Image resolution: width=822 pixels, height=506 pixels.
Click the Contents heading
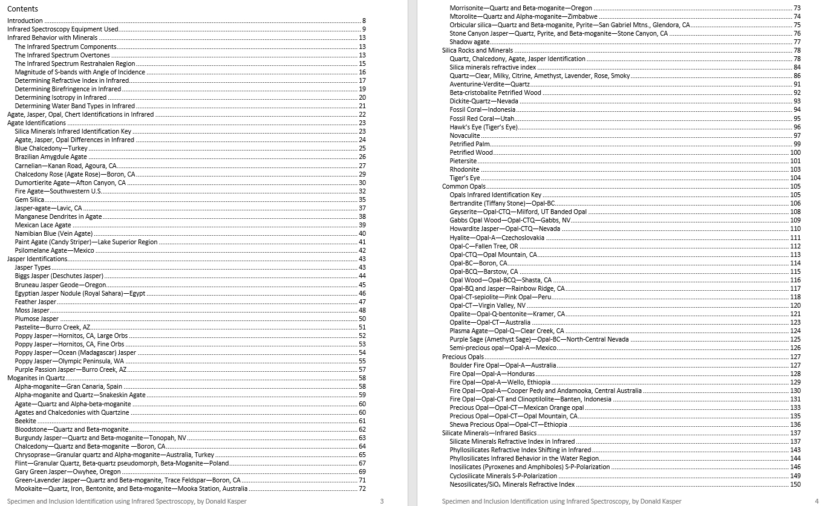coord(22,9)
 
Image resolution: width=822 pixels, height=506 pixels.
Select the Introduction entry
coord(25,21)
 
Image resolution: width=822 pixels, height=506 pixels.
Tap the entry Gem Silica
coord(30,199)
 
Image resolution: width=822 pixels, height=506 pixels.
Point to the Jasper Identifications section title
coord(37,259)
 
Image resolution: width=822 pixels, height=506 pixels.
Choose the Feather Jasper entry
coord(36,302)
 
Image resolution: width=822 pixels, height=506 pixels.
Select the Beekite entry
coord(25,421)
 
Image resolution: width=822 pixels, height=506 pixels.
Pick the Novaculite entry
coord(465,135)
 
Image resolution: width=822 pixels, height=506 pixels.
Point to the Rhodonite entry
coord(464,169)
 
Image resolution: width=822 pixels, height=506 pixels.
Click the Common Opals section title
coord(463,186)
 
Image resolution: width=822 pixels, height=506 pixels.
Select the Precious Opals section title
coord(463,357)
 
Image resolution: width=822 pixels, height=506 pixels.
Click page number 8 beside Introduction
coord(364,21)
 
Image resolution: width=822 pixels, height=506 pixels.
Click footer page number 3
coord(382,501)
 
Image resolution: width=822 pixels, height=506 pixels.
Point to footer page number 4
coord(816,501)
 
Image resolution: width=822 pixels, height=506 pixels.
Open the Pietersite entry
coord(463,161)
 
